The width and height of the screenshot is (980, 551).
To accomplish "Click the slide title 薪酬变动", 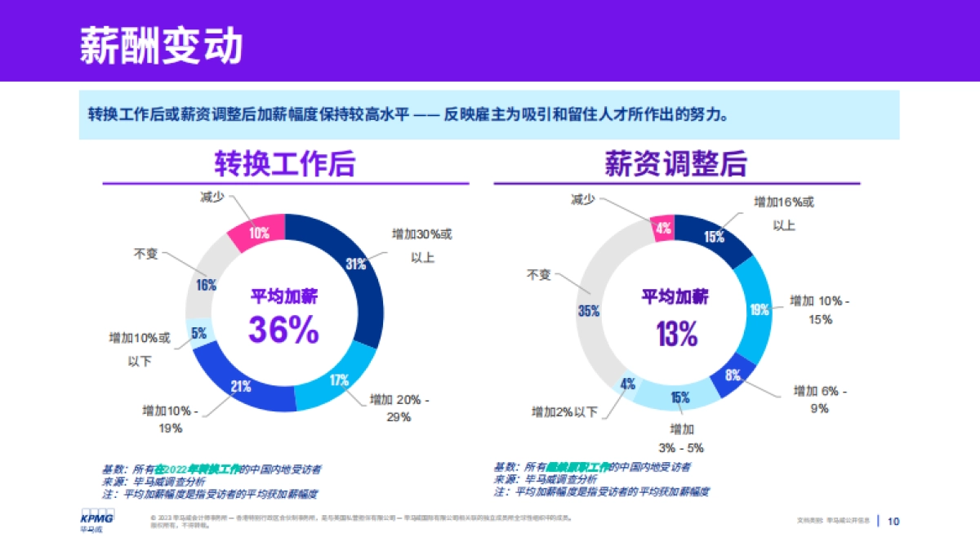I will [161, 47].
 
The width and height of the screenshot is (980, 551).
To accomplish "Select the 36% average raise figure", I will [283, 331].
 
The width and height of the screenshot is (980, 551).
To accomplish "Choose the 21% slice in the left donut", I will [240, 387].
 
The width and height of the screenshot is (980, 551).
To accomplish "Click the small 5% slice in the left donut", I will [198, 333].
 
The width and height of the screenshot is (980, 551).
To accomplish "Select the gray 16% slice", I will [205, 285].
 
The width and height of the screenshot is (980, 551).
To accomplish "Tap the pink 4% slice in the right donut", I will [663, 229].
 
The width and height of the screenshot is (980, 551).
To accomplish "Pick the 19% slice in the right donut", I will [759, 309].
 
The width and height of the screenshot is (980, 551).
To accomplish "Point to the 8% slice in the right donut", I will [733, 375].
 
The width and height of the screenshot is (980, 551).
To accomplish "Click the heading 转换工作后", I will [284, 164].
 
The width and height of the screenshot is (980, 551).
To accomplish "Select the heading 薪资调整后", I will [675, 164].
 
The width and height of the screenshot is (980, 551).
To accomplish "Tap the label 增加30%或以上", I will [421, 245].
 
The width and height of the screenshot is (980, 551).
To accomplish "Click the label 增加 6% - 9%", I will [820, 399].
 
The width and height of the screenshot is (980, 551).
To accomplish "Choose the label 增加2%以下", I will [564, 411].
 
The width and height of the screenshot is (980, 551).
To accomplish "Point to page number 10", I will [893, 521].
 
